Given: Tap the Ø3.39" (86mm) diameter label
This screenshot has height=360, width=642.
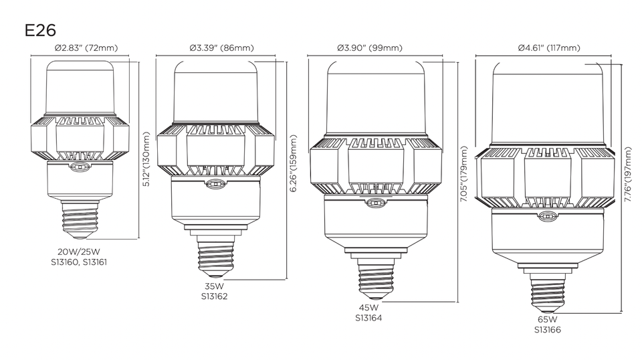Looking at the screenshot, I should [221, 48].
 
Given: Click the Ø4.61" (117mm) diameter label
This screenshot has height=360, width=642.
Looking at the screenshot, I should [548, 48].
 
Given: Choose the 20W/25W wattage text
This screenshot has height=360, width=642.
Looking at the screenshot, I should [78, 252].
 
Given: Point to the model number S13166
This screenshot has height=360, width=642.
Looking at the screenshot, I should [547, 330].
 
